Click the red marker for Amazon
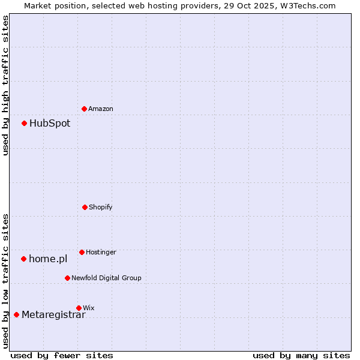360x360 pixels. coord(84,109)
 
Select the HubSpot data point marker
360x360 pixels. coord(24,123)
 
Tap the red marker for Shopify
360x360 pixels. coord(85,207)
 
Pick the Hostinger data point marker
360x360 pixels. coord(82,252)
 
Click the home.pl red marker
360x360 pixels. coord(23,259)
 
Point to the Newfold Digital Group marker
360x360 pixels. coord(67,278)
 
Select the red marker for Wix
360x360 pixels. coord(79,308)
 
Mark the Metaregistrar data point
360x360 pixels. coord(16,314)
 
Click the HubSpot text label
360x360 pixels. coord(50,124)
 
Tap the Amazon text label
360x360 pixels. coord(101,109)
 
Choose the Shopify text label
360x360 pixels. coord(101,208)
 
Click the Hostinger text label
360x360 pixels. coord(101,253)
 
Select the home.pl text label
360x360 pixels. coord(48,259)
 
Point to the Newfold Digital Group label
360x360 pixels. coord(106,278)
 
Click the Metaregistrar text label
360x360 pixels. coord(53,315)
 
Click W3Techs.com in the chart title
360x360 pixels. coord(306,5)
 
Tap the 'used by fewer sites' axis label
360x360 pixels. coord(62,355)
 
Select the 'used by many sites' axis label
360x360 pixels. coord(301,355)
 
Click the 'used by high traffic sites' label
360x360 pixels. coord(5,85)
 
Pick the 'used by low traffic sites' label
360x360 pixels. coord(5,280)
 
